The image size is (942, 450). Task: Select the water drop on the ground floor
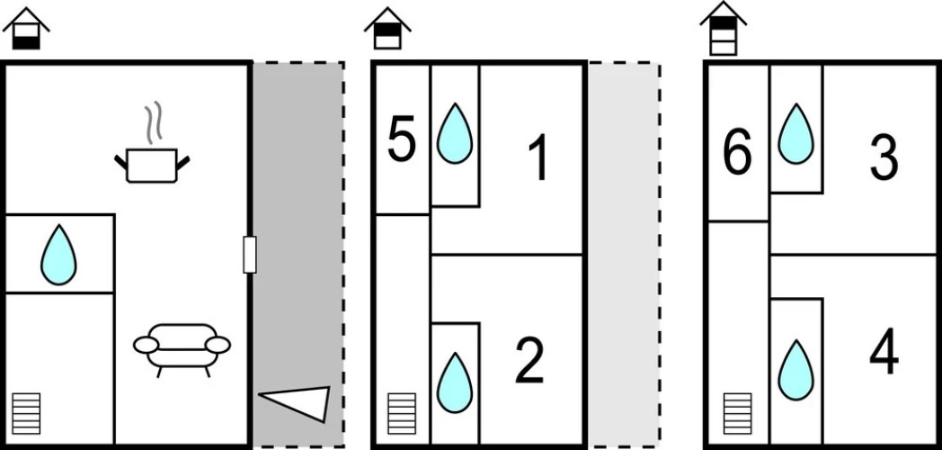click(58, 255)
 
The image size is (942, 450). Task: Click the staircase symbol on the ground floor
click(26, 413)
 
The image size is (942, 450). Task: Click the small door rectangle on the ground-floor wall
click(250, 255)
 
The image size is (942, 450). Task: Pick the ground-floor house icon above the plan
click(26, 29)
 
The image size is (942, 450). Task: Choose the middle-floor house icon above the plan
click(387, 29)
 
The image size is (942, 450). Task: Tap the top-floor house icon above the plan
click(724, 29)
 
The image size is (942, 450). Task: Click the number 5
click(401, 139)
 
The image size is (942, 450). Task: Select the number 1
click(539, 157)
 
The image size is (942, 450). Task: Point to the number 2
click(529, 360)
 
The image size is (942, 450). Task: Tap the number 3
click(884, 157)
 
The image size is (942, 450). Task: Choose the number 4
click(884, 351)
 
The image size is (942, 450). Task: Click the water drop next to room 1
click(455, 133)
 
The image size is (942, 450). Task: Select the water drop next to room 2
click(455, 382)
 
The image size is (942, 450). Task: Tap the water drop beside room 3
click(796, 133)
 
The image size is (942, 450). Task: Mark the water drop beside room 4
click(796, 370)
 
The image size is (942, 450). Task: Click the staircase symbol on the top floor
click(737, 413)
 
